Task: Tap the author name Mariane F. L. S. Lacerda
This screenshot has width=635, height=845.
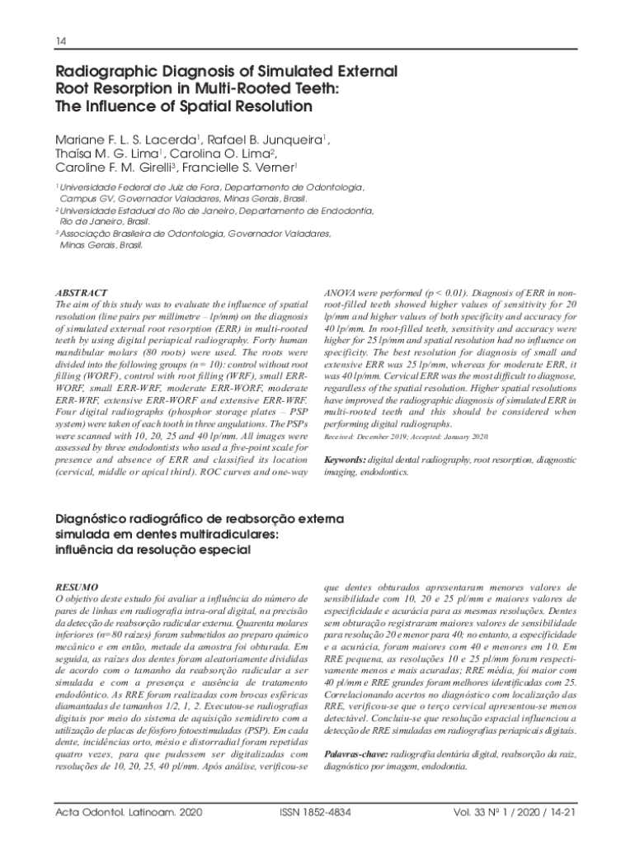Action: pyautogui.click(x=125, y=139)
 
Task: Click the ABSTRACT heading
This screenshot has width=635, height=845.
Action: pyautogui.click(x=80, y=293)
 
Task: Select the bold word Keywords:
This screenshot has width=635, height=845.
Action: pyautogui.click(x=346, y=459)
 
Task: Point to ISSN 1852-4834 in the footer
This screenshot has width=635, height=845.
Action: pyautogui.click(x=316, y=813)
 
